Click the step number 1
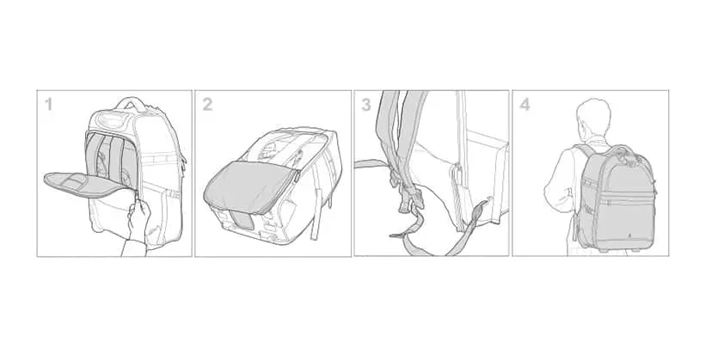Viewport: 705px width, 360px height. point(48,105)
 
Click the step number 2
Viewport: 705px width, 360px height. point(207,105)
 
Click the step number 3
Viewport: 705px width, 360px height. point(366,105)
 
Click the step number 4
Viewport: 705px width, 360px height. point(524,105)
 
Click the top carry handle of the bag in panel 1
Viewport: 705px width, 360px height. point(132,102)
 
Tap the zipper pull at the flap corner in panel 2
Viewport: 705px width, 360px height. point(297,177)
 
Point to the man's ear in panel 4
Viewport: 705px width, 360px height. point(580,122)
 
